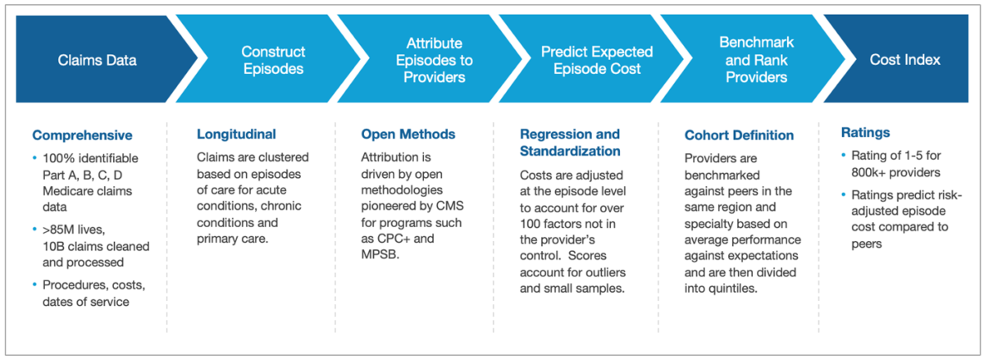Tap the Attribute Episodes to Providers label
434,60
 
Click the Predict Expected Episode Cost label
596,60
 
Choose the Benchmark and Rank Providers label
753,60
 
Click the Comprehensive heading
82,135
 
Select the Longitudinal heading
236,134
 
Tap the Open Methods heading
408,134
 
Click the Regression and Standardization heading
570,143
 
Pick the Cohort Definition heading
739,135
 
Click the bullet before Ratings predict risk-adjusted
845,194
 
